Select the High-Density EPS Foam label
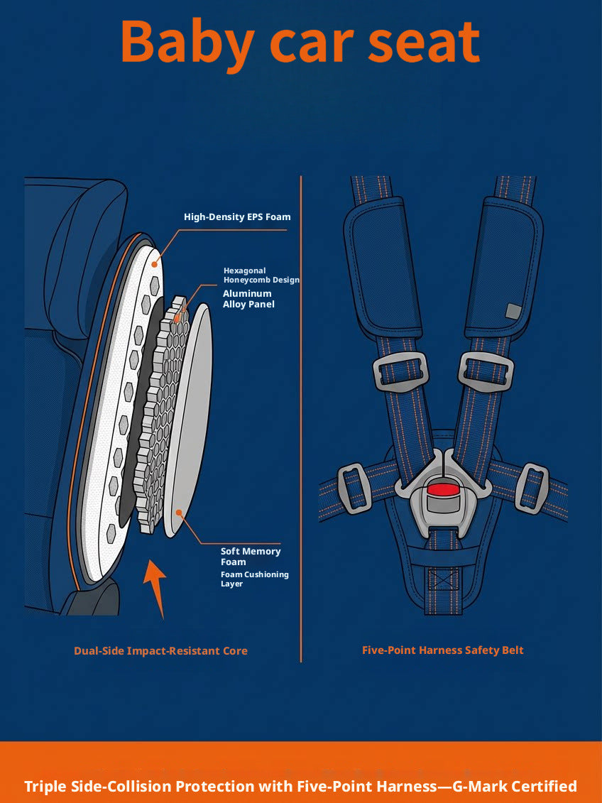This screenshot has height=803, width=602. [x=237, y=217]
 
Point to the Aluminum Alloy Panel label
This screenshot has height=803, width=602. [x=248, y=299]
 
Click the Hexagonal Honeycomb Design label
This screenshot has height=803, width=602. [x=261, y=275]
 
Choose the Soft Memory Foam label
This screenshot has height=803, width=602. [x=251, y=556]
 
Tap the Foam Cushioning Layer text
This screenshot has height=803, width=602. [x=254, y=579]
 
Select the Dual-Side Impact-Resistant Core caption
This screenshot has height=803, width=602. [x=160, y=651]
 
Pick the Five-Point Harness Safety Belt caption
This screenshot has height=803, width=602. [x=443, y=650]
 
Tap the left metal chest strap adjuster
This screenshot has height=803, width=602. [x=400, y=370]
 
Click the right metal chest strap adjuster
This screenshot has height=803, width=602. [x=486, y=370]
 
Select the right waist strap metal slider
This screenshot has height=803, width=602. [x=532, y=488]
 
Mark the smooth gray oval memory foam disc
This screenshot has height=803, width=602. [x=188, y=420]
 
